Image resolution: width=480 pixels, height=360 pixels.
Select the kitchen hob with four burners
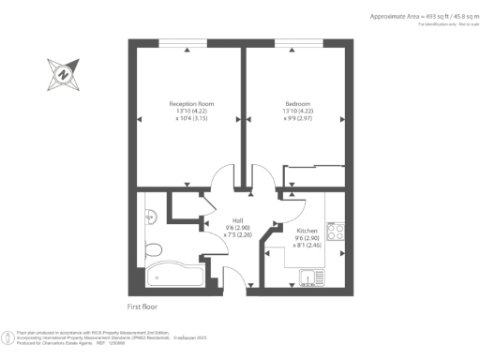(337, 232)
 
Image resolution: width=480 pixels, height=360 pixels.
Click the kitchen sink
(307, 277)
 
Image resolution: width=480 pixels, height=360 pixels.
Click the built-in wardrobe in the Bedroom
(315, 176)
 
